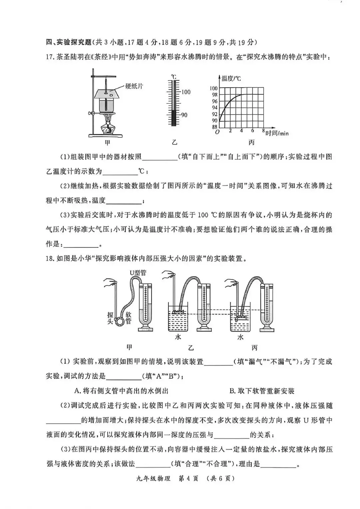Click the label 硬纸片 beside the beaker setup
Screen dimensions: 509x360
(x=134, y=86)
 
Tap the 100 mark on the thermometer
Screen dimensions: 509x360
(x=186, y=92)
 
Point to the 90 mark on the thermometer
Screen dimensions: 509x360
(x=184, y=115)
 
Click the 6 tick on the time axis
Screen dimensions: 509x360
(x=253, y=131)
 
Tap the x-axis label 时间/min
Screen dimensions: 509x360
(x=277, y=134)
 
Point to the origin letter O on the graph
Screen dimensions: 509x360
(x=217, y=132)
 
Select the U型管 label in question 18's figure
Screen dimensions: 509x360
(x=138, y=273)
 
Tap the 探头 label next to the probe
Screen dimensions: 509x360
(x=110, y=318)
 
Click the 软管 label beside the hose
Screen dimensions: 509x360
(x=128, y=318)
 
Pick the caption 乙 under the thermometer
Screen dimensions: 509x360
(x=174, y=143)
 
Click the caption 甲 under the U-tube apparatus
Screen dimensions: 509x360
(x=129, y=347)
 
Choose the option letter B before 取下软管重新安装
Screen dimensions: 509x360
(x=232, y=391)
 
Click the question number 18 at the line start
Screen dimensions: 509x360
(x=50, y=258)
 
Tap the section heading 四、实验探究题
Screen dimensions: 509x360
(x=68, y=42)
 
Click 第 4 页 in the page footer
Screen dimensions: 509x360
(x=189, y=479)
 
